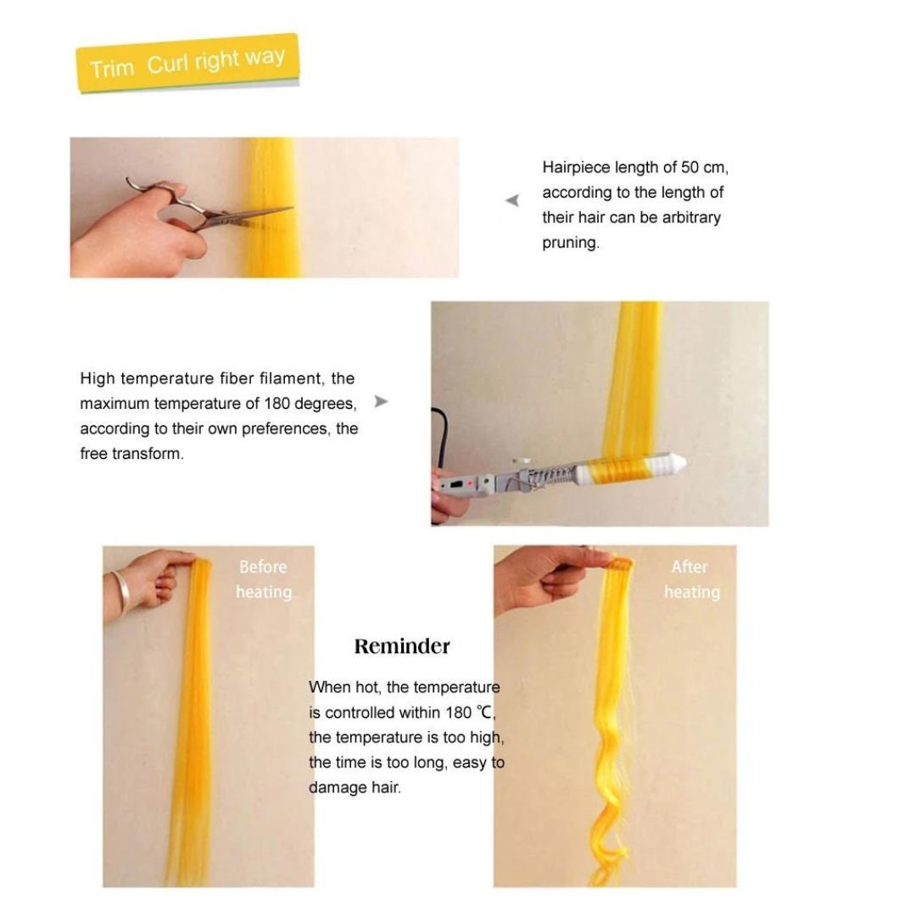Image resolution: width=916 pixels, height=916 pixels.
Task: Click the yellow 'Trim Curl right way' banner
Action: (187, 63)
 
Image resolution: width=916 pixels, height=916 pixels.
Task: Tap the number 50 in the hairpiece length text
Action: (690, 168)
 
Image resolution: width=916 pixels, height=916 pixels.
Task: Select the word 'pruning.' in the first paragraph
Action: (571, 243)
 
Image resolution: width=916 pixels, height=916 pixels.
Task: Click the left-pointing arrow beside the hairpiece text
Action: (512, 200)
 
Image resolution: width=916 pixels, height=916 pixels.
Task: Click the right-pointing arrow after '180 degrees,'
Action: (381, 401)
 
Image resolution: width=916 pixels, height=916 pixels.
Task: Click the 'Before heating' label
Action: (264, 579)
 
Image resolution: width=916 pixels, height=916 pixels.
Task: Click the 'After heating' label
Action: (692, 579)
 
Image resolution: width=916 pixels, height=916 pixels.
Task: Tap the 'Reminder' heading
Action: (402, 646)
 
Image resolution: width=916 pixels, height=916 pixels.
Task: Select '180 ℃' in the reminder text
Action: (469, 712)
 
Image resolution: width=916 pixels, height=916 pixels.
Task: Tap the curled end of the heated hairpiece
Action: (611, 841)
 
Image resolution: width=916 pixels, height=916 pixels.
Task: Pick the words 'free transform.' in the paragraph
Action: (132, 454)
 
